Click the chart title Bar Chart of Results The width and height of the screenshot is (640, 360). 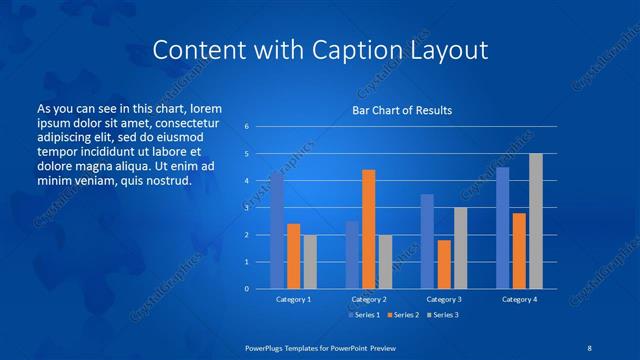(402, 110)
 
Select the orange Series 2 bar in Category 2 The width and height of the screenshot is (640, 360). (368, 229)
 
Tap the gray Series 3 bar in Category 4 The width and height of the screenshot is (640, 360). (536, 221)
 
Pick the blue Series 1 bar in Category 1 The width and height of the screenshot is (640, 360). (277, 230)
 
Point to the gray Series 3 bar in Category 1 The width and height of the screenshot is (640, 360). (310, 262)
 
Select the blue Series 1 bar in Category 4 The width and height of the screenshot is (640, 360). (503, 228)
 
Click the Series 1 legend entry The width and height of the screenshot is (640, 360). (363, 315)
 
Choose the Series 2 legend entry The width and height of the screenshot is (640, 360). (401, 315)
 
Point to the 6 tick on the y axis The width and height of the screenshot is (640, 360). (246, 127)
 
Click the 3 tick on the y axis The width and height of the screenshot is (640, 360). (246, 208)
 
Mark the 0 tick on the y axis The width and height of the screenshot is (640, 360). (246, 289)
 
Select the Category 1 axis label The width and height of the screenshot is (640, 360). (293, 299)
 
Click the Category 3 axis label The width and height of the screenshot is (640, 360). (443, 299)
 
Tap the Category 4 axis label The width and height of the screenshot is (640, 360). (519, 299)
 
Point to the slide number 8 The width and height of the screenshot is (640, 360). (587, 347)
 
